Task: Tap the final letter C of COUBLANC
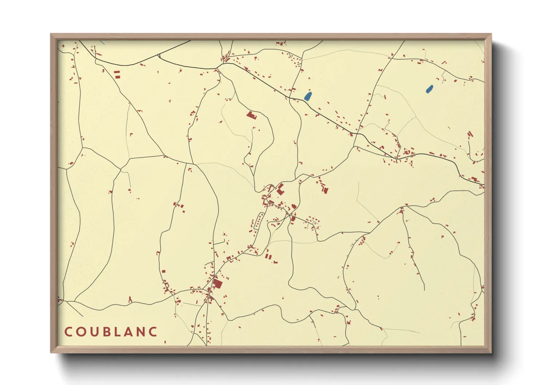(154, 332)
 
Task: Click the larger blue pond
(308, 96)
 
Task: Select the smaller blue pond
(430, 88)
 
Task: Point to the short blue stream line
(102, 42)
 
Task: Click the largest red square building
(217, 283)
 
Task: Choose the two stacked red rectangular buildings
(117, 75)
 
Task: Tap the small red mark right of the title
(165, 342)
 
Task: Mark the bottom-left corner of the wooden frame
(51, 352)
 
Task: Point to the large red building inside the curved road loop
(251, 116)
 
